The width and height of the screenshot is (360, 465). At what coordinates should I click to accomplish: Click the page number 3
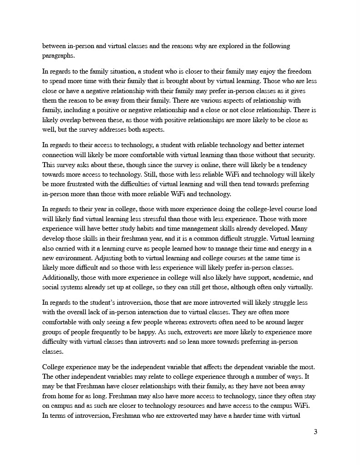click(315, 432)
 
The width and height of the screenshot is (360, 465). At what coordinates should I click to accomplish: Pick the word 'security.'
click(303, 155)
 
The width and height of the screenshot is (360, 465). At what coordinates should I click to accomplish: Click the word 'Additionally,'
click(61, 277)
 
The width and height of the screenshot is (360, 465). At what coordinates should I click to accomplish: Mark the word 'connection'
click(60, 155)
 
